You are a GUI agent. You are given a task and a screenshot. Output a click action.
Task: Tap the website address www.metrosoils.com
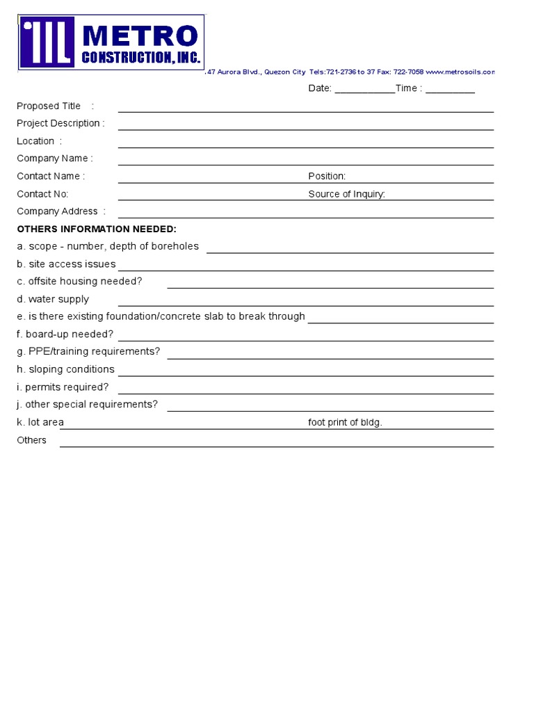(x=460, y=72)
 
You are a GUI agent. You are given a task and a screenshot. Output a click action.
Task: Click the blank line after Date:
(x=364, y=89)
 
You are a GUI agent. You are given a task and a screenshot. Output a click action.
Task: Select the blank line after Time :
(x=450, y=89)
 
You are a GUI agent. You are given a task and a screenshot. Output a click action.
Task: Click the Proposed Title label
(x=49, y=106)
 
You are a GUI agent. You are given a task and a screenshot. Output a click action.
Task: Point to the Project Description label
(x=60, y=124)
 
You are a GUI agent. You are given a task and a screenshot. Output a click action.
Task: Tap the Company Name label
(x=55, y=159)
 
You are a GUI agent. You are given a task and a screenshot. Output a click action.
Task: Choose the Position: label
(x=327, y=177)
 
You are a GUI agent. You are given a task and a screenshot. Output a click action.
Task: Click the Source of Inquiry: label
(x=346, y=195)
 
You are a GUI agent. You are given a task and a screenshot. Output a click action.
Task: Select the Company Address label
(x=61, y=211)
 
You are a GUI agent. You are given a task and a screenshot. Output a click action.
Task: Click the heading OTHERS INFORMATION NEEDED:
(x=97, y=229)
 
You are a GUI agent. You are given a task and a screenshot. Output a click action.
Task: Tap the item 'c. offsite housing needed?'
(x=79, y=282)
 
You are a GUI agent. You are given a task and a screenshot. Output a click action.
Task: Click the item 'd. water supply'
(x=53, y=300)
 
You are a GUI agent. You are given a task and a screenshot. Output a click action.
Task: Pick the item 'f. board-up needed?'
(x=65, y=334)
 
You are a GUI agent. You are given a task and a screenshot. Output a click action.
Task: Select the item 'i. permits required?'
(x=63, y=387)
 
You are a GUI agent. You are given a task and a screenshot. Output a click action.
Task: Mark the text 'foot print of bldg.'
(x=345, y=423)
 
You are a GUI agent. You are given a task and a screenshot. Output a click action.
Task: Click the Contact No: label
(x=42, y=195)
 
